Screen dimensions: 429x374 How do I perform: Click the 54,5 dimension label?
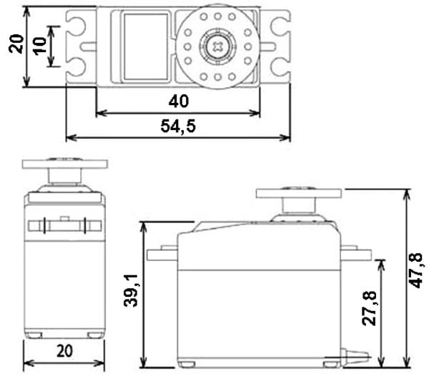coord(178,126)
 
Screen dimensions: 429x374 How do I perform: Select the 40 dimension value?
coord(179,102)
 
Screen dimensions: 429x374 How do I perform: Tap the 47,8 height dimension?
coord(416,270)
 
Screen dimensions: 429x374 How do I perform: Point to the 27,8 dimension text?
coord(370,308)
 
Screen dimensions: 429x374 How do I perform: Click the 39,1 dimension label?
coord(132,290)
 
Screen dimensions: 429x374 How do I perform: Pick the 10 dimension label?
coord(40,46)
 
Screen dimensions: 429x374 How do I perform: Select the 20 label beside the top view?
coord(16,44)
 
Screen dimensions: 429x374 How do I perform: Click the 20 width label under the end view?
coord(64,351)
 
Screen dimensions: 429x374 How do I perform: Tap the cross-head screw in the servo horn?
coord(217,46)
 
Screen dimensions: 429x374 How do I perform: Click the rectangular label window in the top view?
coord(146,46)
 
